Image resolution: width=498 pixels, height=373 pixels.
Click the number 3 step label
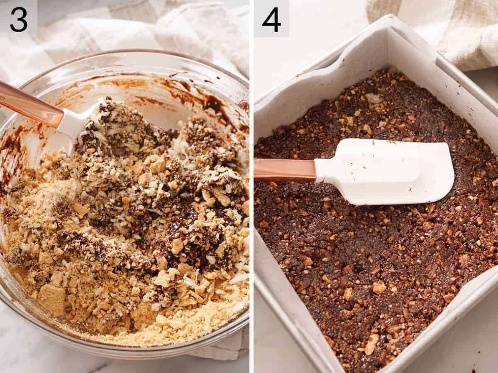point(19,20)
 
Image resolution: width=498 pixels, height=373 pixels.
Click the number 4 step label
point(271,20)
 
